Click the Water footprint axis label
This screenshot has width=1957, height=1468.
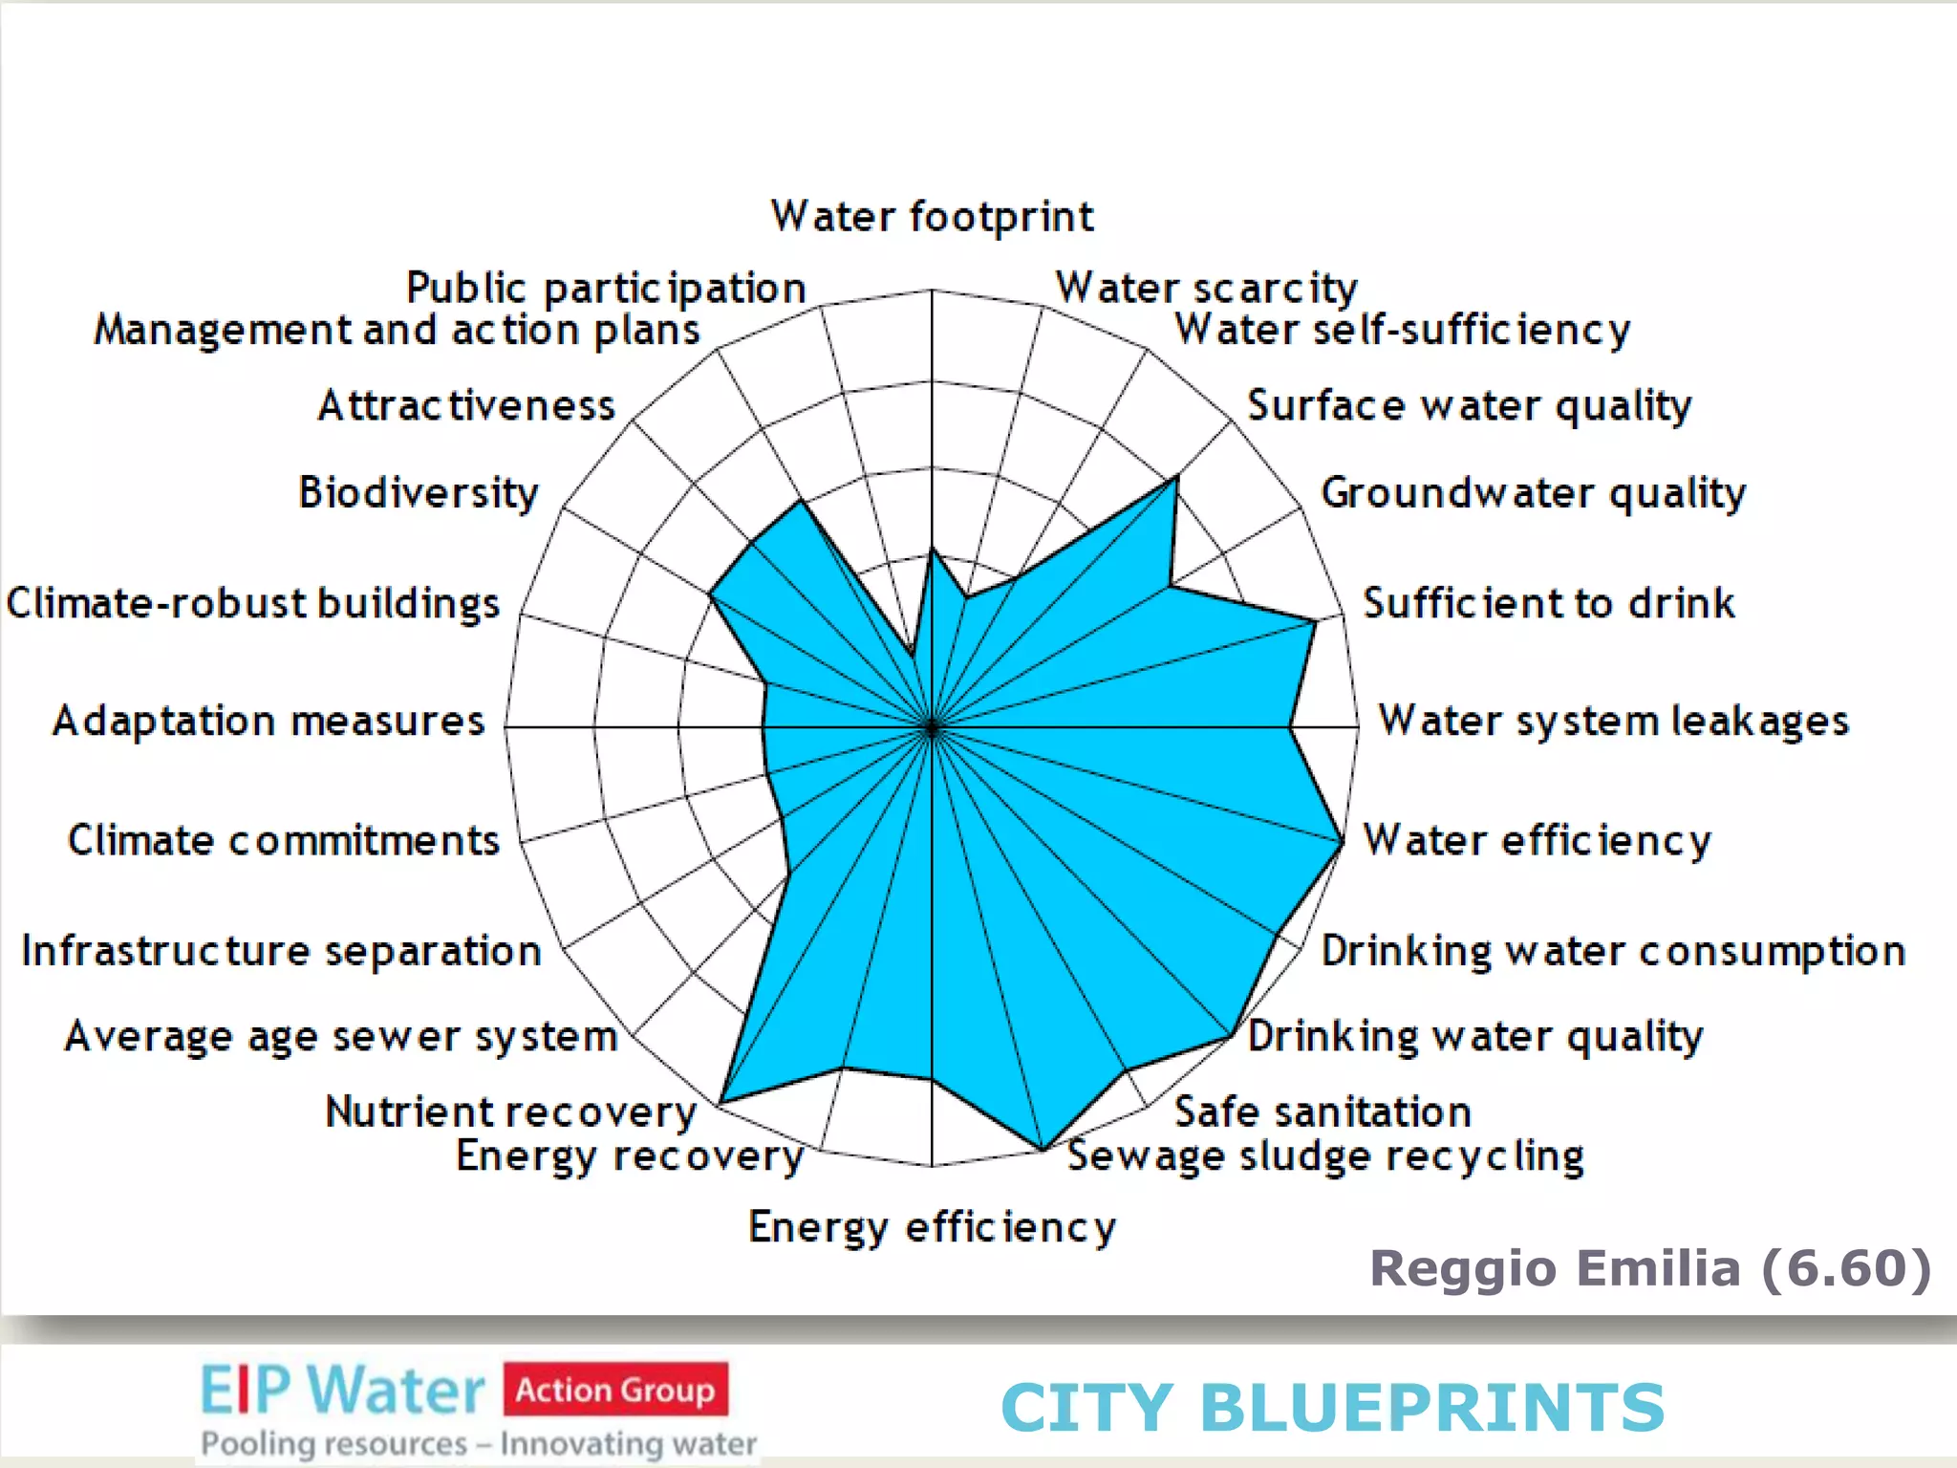932,216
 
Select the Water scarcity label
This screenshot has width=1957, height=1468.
1206,288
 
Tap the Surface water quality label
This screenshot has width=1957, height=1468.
1469,406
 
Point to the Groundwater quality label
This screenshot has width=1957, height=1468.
1533,493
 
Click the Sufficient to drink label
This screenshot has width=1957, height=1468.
1548,603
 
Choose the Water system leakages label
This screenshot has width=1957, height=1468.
1613,721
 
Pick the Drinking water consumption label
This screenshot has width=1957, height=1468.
1613,951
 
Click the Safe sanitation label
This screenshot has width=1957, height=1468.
1323,1112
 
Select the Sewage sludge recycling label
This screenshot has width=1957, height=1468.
1325,1156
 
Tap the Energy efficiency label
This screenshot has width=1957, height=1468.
932,1227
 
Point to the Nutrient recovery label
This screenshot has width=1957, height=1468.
511,1112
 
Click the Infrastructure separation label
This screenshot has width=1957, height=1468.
282,951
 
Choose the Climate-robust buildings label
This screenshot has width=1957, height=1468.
253,603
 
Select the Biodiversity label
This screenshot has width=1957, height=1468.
419,493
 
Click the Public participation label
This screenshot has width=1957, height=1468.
606,288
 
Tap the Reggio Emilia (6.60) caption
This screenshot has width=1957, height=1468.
1650,1268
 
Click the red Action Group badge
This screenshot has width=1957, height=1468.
615,1389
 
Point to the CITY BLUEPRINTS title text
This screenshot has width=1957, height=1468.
1332,1407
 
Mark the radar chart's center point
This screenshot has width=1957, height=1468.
932,727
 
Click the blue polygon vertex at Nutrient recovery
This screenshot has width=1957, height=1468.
720,1103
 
